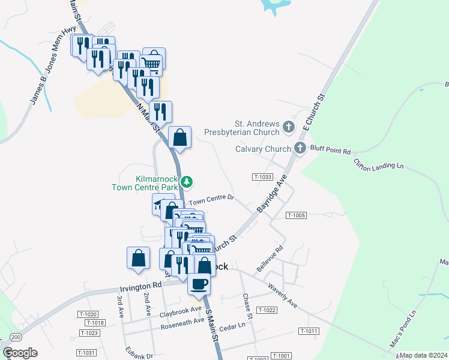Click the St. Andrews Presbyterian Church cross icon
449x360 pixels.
coord(289,127)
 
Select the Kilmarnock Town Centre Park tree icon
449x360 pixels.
coord(187,181)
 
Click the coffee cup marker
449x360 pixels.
coord(199,283)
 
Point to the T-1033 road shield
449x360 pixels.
coord(262,177)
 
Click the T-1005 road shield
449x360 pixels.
coord(297,215)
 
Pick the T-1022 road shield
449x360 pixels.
coord(266,310)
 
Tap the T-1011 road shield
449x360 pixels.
coord(309,331)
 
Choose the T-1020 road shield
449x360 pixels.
coord(88,314)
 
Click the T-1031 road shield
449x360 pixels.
coord(86,353)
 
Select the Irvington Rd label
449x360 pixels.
coord(141,287)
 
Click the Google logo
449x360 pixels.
coord(20,353)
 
